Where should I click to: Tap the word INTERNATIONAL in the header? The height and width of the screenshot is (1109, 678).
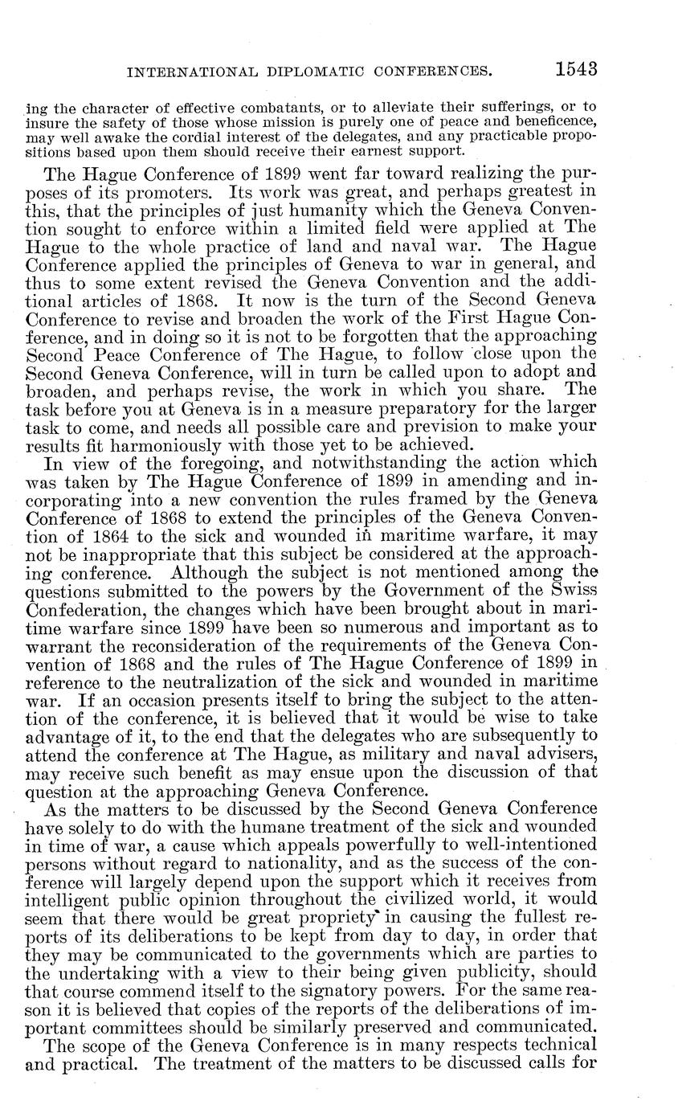185,72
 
